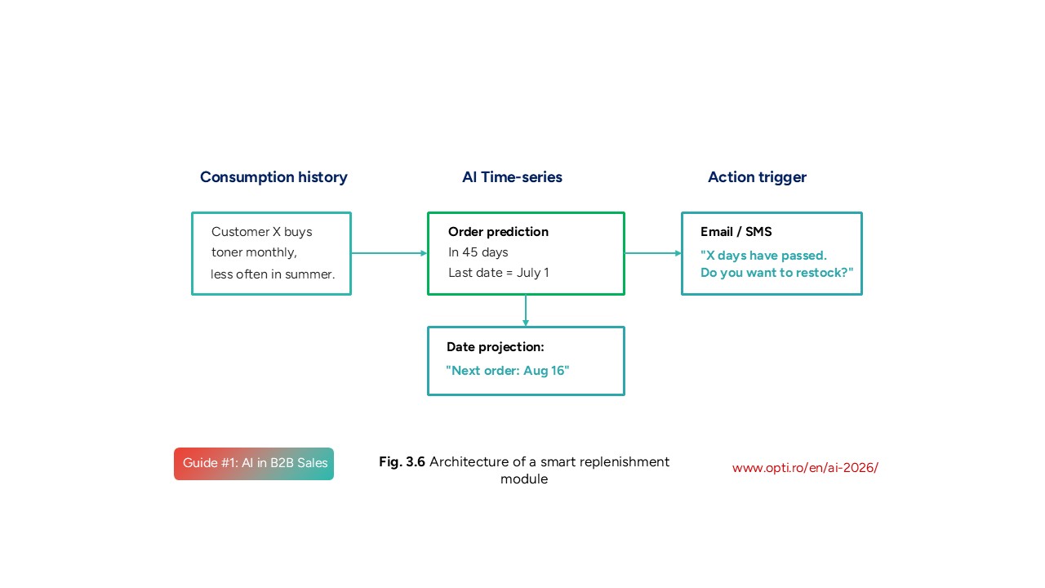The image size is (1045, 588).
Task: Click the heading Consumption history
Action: [273, 177]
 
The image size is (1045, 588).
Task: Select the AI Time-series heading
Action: [512, 177]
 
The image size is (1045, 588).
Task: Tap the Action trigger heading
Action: [757, 177]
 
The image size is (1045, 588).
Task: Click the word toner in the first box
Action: [227, 252]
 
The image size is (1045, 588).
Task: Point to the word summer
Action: [311, 274]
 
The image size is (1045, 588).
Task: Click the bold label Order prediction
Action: [498, 232]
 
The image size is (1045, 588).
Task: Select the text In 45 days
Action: [478, 252]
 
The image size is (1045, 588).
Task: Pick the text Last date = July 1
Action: [498, 273]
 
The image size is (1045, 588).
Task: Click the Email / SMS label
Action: [736, 232]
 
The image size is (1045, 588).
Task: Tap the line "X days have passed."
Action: [763, 256]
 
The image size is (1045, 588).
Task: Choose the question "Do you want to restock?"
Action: [776, 273]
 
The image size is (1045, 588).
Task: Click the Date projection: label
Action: [495, 347]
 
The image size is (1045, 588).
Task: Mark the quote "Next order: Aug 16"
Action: [507, 371]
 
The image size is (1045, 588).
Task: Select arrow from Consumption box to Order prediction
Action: [389, 253]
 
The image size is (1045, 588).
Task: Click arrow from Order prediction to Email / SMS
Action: [652, 253]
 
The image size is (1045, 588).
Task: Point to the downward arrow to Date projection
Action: [526, 310]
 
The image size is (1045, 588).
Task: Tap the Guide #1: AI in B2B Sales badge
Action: [254, 464]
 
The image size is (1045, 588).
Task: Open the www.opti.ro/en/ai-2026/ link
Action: [805, 468]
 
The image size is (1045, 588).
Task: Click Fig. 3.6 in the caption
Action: [402, 462]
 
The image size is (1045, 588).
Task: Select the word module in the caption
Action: [523, 479]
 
